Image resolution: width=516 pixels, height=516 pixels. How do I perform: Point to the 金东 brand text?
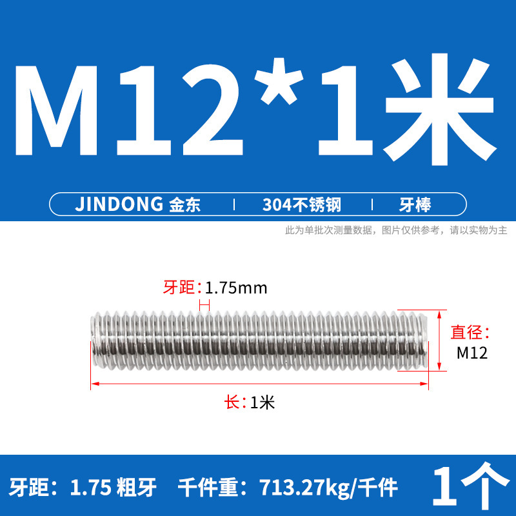point(184,205)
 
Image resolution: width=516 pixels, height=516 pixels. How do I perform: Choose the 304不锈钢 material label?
point(301,205)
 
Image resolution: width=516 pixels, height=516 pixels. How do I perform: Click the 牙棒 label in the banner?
point(415,205)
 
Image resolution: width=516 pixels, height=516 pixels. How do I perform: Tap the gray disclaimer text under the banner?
point(396,230)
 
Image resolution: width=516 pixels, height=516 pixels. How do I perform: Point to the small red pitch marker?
point(204,305)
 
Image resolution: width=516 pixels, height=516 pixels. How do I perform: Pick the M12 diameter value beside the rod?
point(471,353)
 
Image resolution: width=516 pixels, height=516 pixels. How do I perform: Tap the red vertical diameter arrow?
point(440,340)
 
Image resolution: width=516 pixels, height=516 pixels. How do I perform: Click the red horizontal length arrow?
point(259,384)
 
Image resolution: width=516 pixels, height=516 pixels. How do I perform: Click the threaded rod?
point(258,340)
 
